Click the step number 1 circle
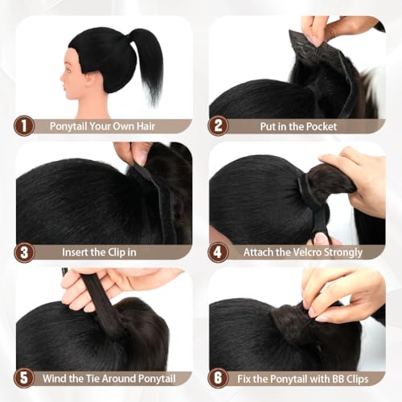(x=24, y=125)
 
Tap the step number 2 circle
(x=218, y=125)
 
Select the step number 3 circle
(x=24, y=252)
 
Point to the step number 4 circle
(x=218, y=252)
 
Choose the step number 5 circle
(x=24, y=378)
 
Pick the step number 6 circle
(x=218, y=378)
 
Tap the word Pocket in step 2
(x=322, y=126)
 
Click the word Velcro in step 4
(x=307, y=252)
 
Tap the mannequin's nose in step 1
(x=62, y=80)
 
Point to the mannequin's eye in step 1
(x=68, y=71)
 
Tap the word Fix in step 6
(x=244, y=379)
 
